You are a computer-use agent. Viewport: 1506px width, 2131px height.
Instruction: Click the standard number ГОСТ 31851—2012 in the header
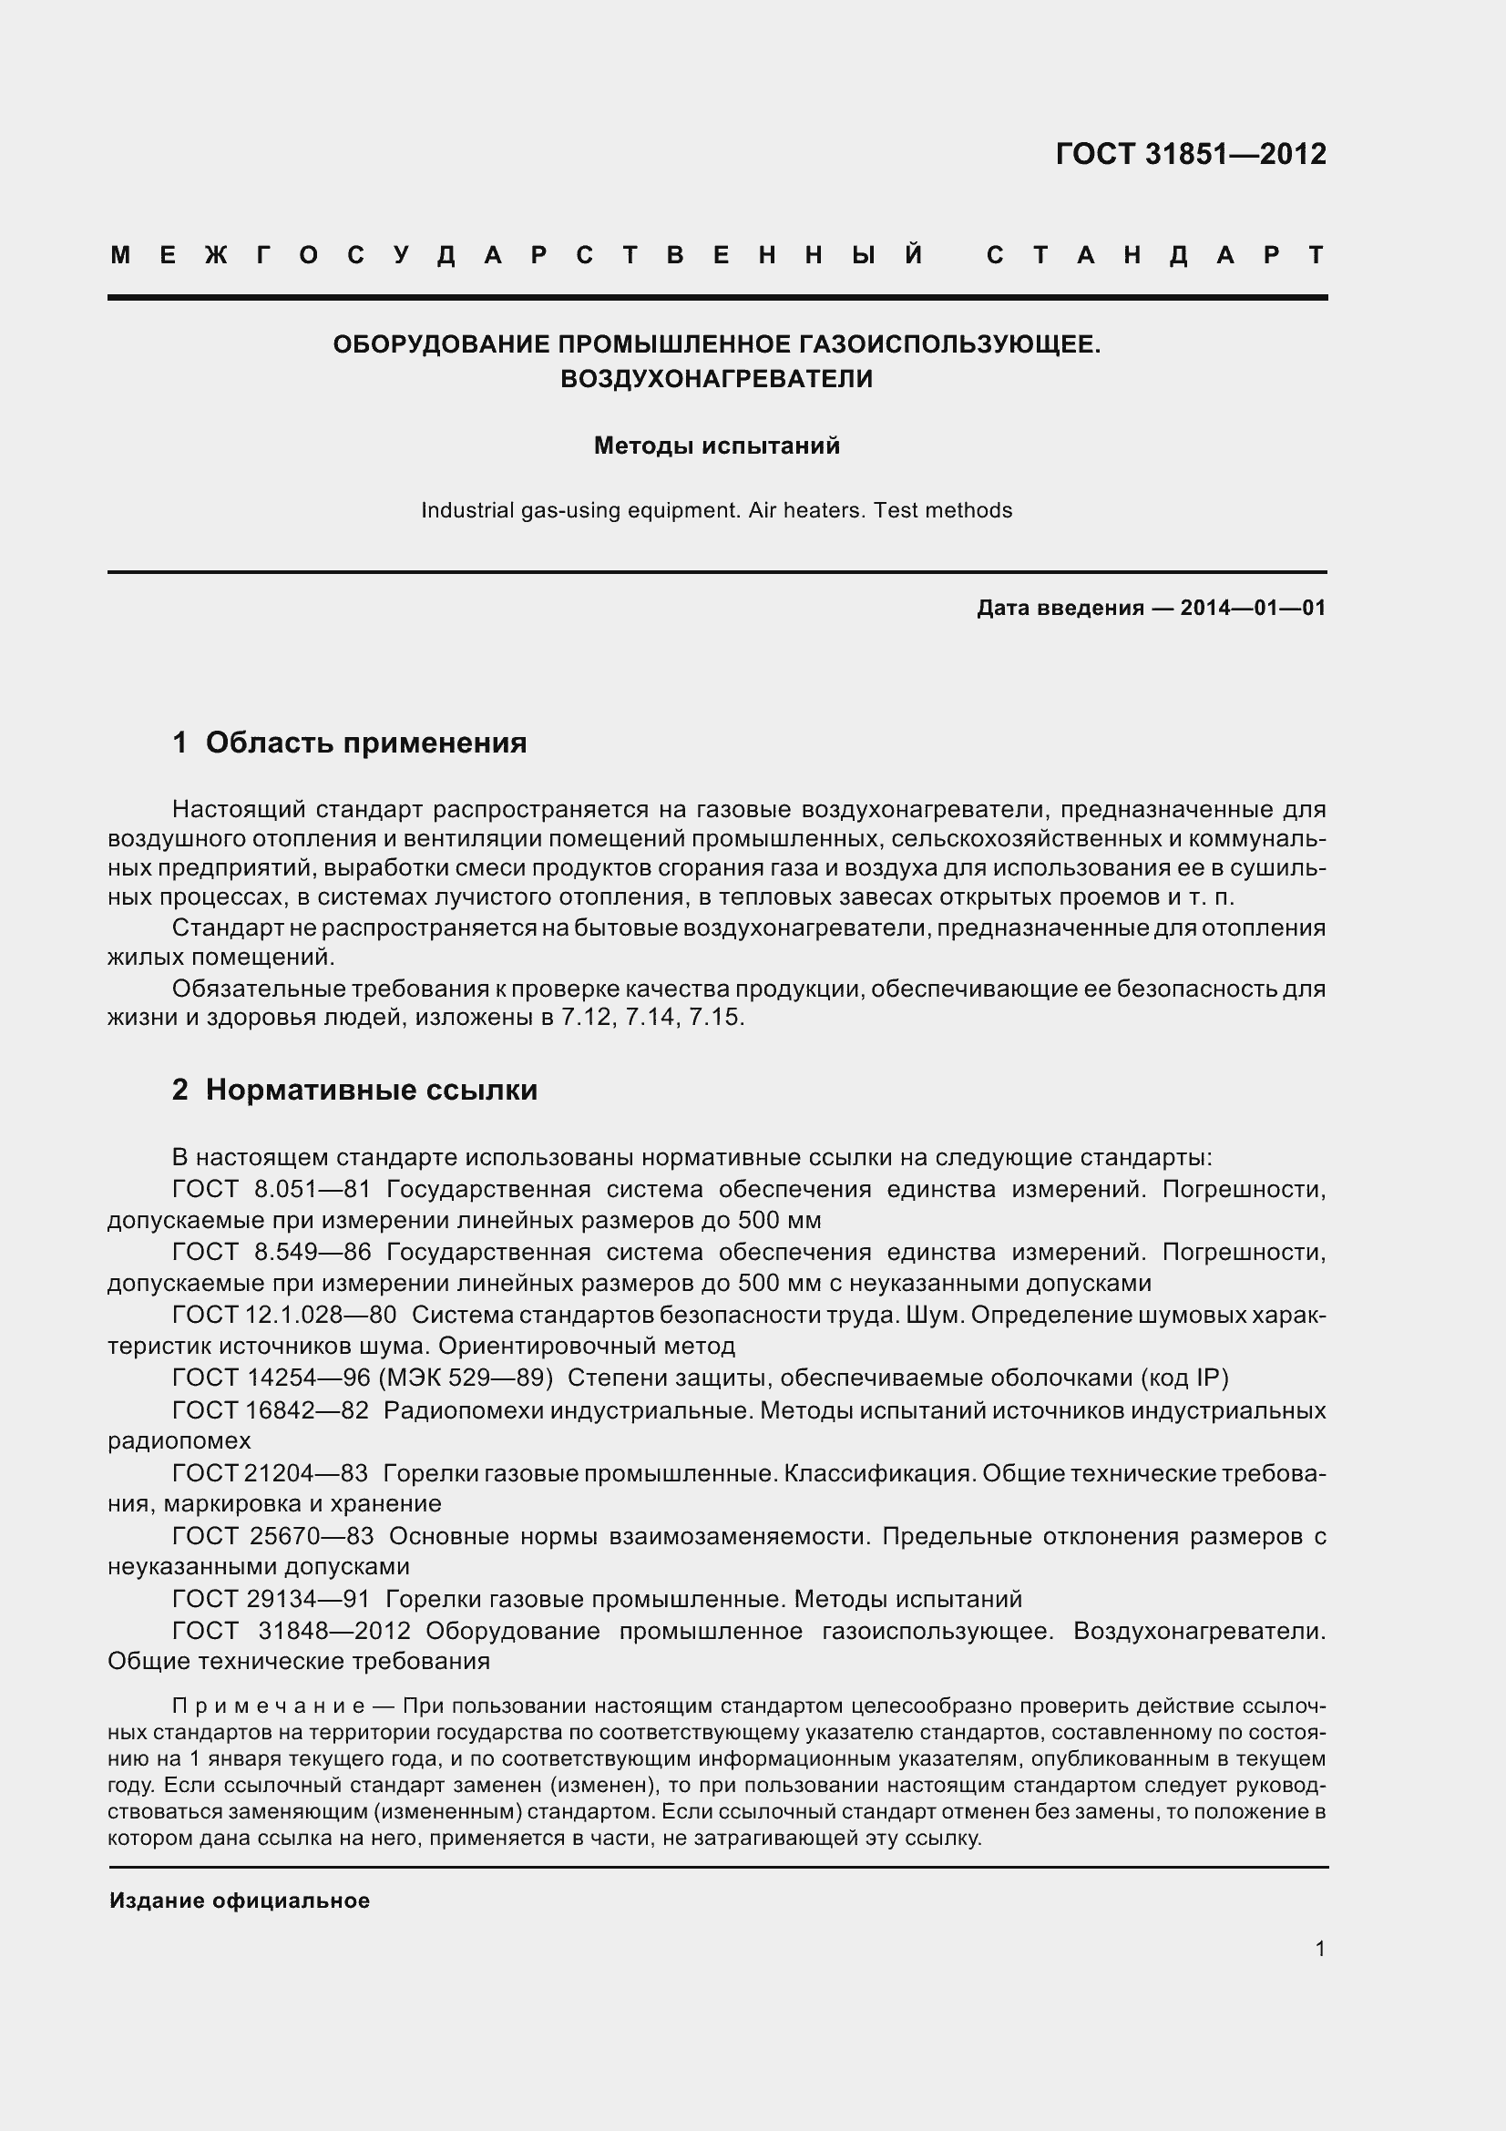[1191, 153]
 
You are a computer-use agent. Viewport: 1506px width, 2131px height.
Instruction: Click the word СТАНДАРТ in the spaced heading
[1155, 255]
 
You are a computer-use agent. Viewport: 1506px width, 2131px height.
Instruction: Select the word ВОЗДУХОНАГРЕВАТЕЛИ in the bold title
[716, 379]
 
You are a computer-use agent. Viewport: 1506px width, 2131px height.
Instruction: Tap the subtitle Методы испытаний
[716, 446]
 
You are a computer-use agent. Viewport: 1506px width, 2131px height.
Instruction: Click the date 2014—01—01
[1253, 608]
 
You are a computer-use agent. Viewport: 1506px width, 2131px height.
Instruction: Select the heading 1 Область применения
[349, 743]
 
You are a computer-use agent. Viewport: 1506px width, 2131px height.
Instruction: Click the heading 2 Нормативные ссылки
[354, 1090]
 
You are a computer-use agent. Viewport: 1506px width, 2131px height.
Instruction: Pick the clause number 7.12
[587, 1018]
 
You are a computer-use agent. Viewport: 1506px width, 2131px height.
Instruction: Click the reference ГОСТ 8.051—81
[271, 1190]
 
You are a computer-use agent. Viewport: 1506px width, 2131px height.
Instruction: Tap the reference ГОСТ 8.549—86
[271, 1252]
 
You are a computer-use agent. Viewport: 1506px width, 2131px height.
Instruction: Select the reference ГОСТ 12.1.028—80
[284, 1316]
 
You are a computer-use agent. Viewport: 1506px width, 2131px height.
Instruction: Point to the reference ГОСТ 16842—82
[271, 1410]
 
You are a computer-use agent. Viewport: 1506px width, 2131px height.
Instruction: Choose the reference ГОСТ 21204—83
[270, 1473]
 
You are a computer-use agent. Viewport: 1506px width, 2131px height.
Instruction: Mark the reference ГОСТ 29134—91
[271, 1599]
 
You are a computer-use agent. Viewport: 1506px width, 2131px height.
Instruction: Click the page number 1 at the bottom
[1319, 1949]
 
